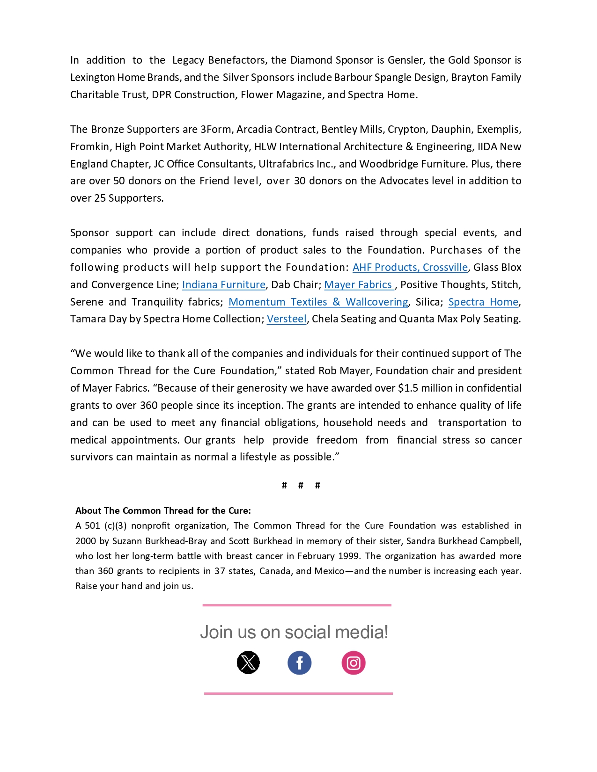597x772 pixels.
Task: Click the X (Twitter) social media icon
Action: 248,663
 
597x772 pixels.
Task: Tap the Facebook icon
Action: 300,663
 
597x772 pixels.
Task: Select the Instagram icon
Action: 354,663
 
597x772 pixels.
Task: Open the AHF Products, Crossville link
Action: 410,267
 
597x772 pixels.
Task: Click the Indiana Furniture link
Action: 224,284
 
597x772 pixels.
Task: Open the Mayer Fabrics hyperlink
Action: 359,284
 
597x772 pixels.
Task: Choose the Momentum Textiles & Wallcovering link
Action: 318,302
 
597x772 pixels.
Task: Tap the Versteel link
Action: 287,319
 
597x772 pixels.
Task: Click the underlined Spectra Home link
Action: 483,302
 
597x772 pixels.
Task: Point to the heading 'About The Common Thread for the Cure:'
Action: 163,510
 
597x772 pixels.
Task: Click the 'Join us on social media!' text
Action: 294,632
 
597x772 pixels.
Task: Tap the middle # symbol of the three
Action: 301,485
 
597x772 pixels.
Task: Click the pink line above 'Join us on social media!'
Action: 297,605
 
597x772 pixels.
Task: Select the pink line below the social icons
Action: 298,693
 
